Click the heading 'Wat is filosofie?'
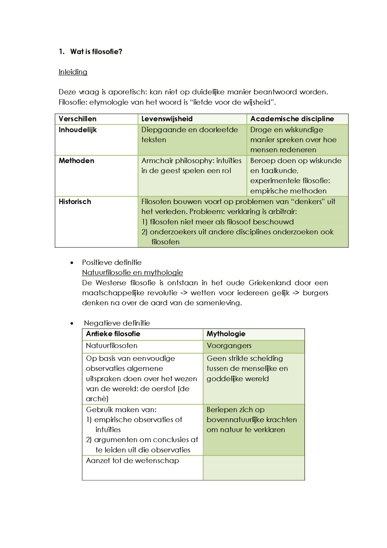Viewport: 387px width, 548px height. [96, 52]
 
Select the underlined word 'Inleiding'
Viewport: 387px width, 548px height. [73, 72]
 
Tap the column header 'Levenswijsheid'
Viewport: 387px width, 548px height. [167, 119]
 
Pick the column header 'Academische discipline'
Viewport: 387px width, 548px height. [292, 119]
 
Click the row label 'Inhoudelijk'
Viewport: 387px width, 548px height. [78, 130]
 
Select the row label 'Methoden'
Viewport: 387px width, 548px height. [76, 161]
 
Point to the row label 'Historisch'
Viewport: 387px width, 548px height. [75, 202]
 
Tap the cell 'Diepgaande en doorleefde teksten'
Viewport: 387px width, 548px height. [190, 135]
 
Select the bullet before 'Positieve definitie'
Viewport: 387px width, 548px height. [72, 263]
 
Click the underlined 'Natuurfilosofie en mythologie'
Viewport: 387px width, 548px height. [132, 273]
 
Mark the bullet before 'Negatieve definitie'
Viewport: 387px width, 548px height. [72, 323]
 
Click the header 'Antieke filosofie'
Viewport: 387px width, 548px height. [113, 334]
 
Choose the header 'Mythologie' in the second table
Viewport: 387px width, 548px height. [226, 334]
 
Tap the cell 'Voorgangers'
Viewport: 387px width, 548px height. [229, 346]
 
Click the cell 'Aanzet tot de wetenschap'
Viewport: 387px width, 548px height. [132, 461]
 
